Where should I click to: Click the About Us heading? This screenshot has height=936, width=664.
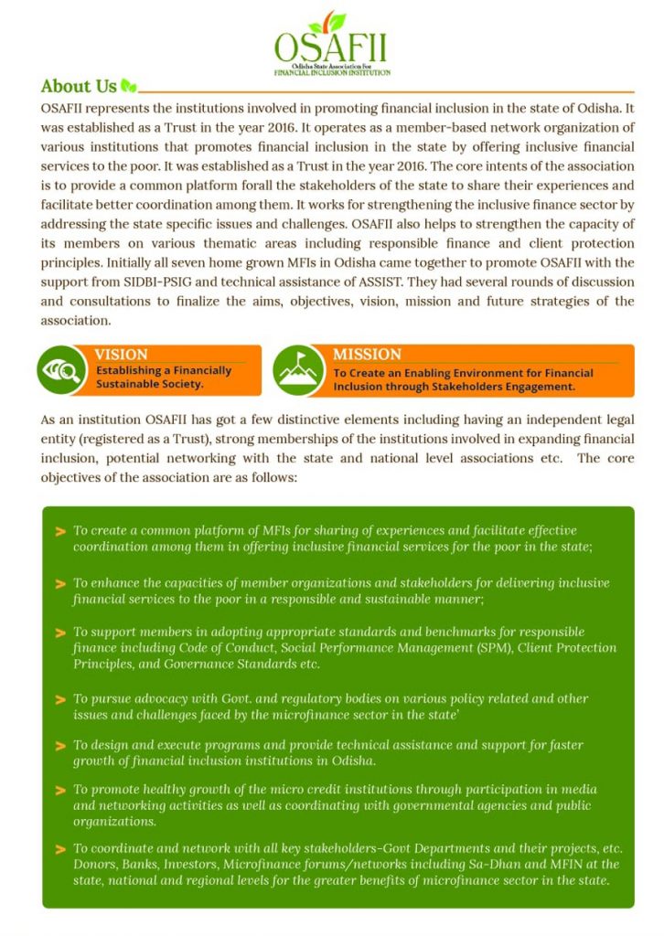pyautogui.click(x=79, y=87)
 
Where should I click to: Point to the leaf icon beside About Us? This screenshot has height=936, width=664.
pyautogui.click(x=129, y=88)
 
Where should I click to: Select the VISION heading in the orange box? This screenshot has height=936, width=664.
pyautogui.click(x=121, y=355)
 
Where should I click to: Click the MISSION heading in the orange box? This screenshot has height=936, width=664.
pyautogui.click(x=366, y=355)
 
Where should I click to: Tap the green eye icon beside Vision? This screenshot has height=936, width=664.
pyautogui.click(x=61, y=369)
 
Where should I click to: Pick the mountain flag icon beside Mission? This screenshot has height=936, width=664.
pyautogui.click(x=297, y=369)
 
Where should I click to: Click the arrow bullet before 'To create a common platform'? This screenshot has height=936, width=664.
pyautogui.click(x=60, y=531)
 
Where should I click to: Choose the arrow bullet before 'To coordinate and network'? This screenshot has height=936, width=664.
pyautogui.click(x=60, y=847)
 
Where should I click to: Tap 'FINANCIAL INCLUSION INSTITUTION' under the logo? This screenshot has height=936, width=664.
pyautogui.click(x=332, y=72)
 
